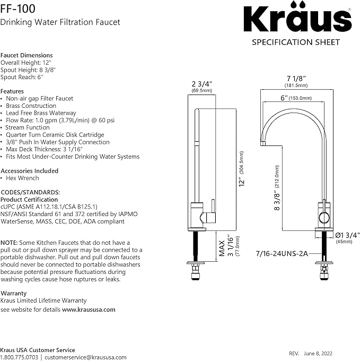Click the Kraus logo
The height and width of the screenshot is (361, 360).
point(297,19)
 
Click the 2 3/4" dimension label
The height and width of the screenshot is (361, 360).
point(202,84)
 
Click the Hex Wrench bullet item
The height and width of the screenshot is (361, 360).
point(22,178)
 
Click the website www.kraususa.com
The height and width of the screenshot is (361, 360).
point(89,310)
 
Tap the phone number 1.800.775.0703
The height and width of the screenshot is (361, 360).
point(19,357)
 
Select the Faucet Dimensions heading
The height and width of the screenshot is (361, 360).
point(27,55)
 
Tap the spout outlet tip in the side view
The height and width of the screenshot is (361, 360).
point(264,142)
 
